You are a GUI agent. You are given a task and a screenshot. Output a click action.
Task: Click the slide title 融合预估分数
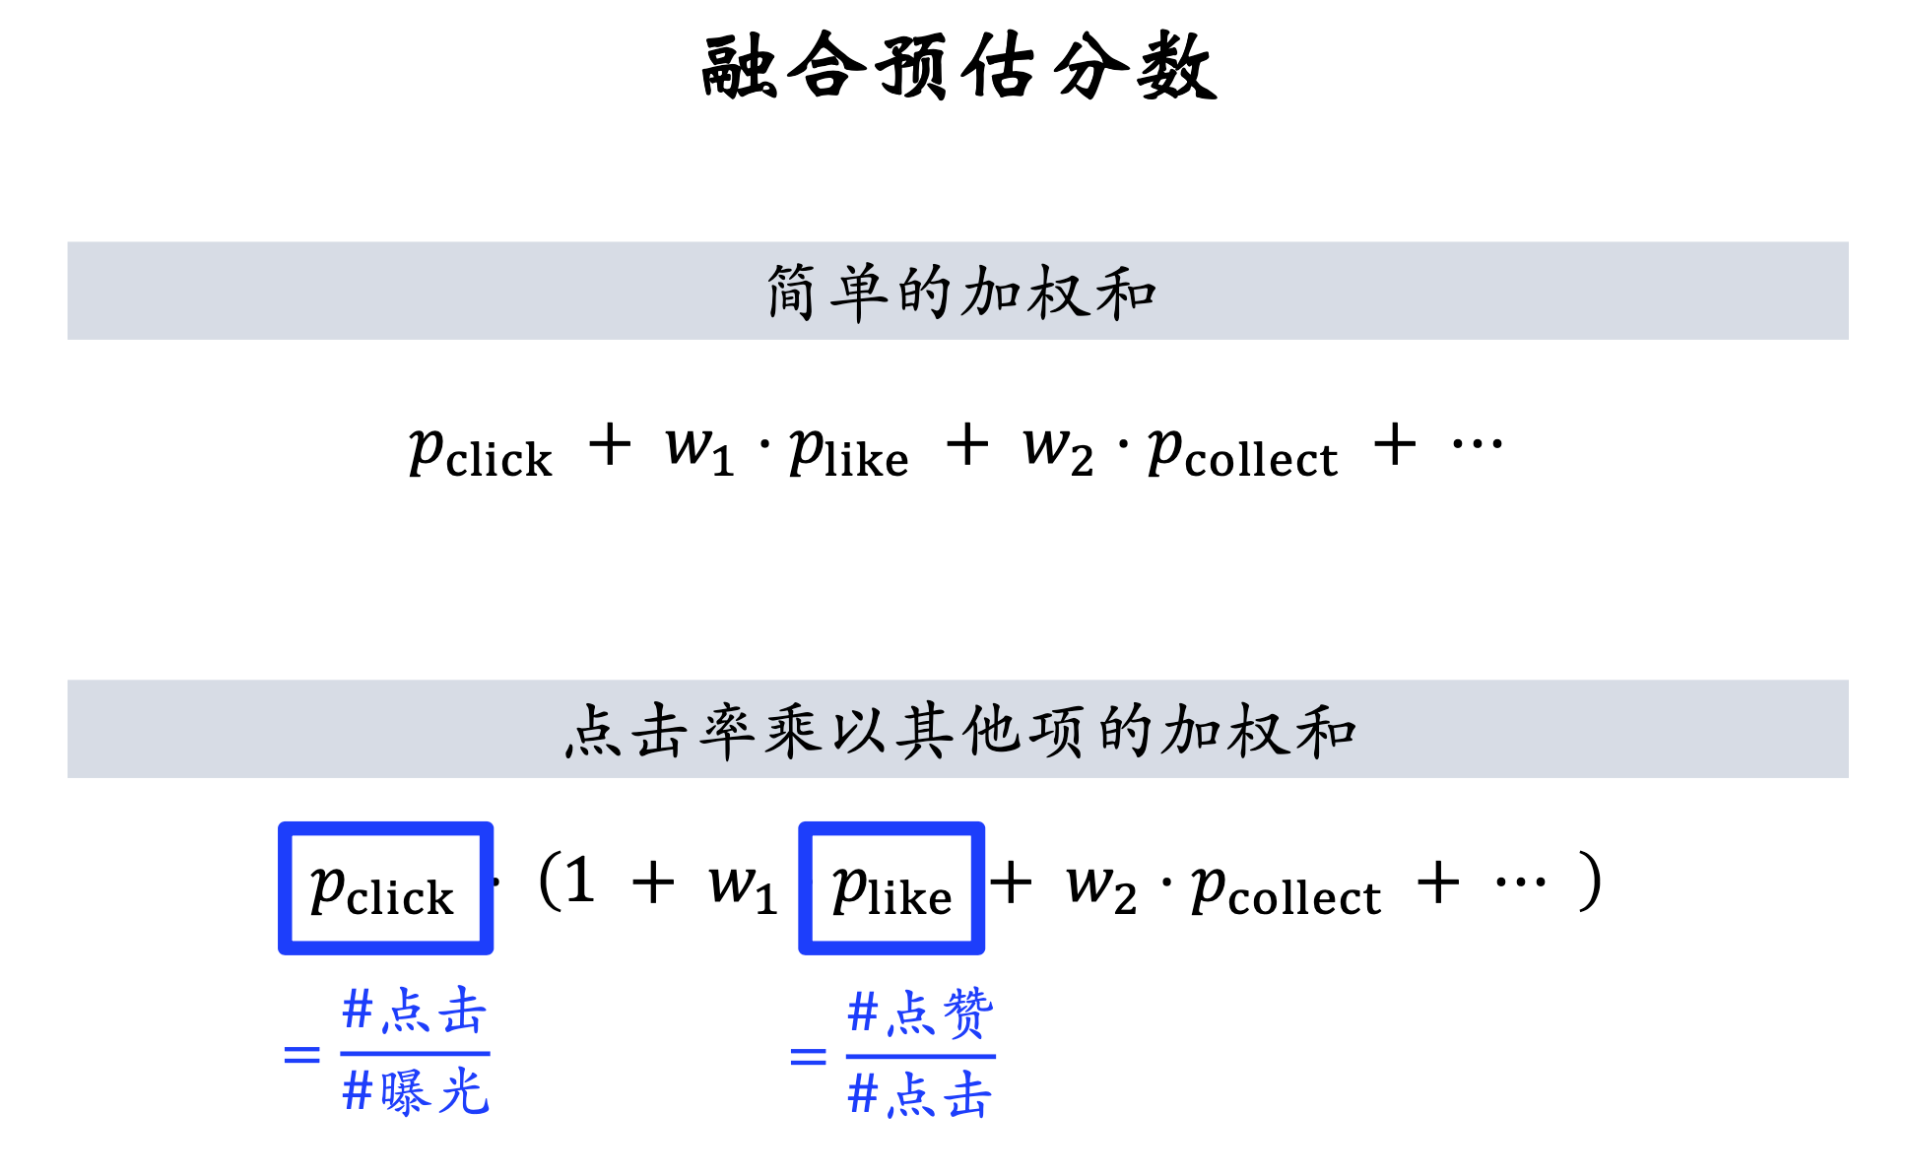(x=958, y=67)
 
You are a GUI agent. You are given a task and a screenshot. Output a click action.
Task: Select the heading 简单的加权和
(x=960, y=293)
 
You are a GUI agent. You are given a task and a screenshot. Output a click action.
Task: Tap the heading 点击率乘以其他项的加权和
(x=960, y=731)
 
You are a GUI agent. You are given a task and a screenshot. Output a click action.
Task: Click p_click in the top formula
(x=480, y=453)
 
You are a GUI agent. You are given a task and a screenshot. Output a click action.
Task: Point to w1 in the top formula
(x=698, y=448)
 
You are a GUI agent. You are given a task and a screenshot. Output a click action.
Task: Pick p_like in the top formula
(x=848, y=453)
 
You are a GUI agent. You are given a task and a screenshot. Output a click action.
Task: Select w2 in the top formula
(x=1057, y=448)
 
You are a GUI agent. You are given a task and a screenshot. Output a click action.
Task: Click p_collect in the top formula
(x=1242, y=453)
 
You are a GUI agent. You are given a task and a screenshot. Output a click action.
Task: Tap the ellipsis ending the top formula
(x=1477, y=445)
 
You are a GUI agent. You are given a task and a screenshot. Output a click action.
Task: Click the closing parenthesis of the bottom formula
(x=1589, y=882)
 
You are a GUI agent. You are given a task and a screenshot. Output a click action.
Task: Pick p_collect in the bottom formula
(x=1286, y=890)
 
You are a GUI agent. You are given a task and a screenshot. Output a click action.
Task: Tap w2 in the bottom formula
(x=1100, y=886)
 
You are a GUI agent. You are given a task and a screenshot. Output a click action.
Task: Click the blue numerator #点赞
(x=920, y=1013)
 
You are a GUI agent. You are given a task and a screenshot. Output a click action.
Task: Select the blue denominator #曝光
(x=415, y=1092)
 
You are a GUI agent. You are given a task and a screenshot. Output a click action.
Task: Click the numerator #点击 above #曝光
(x=415, y=1012)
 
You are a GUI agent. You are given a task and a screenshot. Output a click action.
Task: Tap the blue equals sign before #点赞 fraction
(x=808, y=1057)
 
